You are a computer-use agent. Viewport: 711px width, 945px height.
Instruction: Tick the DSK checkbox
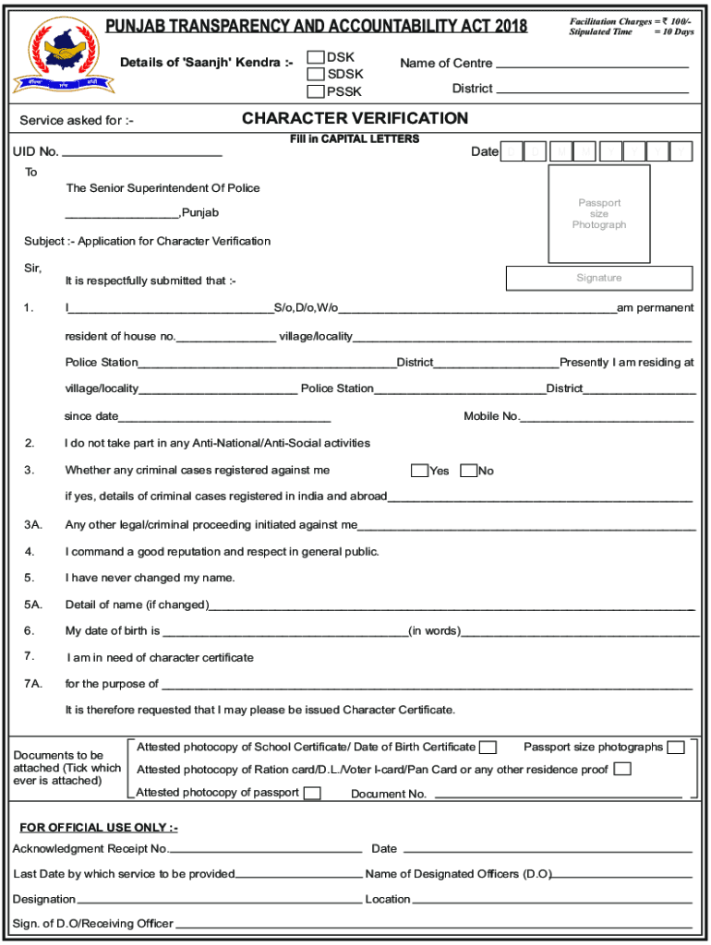(316, 57)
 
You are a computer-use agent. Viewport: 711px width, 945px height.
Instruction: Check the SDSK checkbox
(316, 74)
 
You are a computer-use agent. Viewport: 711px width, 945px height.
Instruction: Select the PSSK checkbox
(316, 91)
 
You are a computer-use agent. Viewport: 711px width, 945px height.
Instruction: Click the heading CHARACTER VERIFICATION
(355, 118)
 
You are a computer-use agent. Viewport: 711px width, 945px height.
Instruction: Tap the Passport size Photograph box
(599, 213)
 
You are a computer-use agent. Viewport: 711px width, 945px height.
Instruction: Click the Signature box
(599, 278)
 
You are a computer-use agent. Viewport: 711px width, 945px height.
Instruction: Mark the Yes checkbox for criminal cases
(419, 471)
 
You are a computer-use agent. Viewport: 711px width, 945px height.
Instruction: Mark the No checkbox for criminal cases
(468, 471)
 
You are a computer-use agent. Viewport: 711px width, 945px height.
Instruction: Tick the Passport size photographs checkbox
(676, 747)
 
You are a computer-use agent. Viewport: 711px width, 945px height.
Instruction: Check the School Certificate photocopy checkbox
(488, 747)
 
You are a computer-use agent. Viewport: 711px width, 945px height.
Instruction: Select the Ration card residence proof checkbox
(622, 769)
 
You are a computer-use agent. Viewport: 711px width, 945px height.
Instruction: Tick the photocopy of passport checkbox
(312, 793)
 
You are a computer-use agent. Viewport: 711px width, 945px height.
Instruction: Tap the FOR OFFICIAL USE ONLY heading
(99, 827)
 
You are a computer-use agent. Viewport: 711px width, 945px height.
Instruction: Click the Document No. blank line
(558, 795)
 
